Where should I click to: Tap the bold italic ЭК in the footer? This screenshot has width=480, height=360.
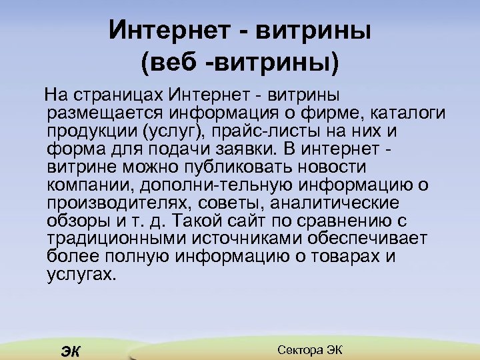click(x=69, y=351)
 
